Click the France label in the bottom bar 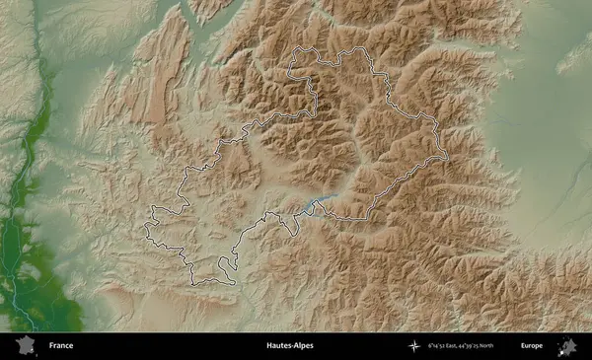point(60,346)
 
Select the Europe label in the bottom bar point(532,346)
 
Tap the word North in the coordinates point(505,346)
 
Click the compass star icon point(415,346)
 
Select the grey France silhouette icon point(25,345)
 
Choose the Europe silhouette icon point(567,346)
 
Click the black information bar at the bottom point(197,346)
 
